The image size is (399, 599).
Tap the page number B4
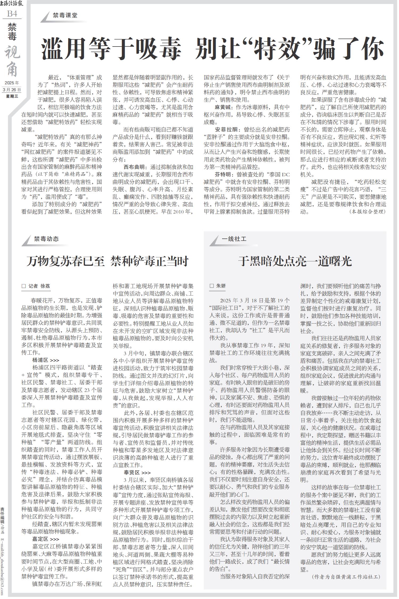[x=12, y=14]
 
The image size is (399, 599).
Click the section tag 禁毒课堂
[x=65, y=15]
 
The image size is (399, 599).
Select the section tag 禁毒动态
[x=46, y=238]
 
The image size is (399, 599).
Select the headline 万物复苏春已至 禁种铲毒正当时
[x=107, y=261]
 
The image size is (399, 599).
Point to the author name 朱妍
[x=221, y=286]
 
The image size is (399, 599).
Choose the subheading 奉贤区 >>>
[x=137, y=472]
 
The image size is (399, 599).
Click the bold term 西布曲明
[x=135, y=167]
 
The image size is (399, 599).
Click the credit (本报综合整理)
[x=367, y=212]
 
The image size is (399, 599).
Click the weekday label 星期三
[x=12, y=96]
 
